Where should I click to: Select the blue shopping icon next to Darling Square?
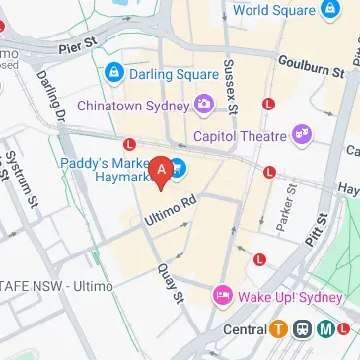(x=114, y=72)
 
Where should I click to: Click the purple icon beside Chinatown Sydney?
(x=203, y=102)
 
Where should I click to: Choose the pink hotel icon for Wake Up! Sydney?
(x=224, y=295)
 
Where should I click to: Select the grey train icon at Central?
(x=303, y=330)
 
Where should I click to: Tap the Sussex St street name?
(x=231, y=88)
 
